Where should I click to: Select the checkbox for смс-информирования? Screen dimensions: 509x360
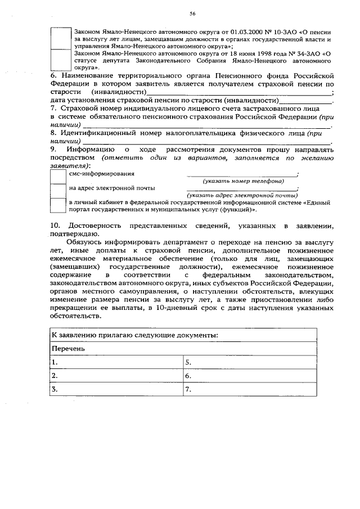pos(57,177)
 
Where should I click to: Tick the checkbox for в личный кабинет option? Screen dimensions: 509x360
pos(57,205)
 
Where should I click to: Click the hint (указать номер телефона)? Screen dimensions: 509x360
pos(243,182)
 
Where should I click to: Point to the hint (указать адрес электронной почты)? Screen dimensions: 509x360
pos(243,195)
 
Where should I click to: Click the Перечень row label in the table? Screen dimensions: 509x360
pos(69,349)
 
